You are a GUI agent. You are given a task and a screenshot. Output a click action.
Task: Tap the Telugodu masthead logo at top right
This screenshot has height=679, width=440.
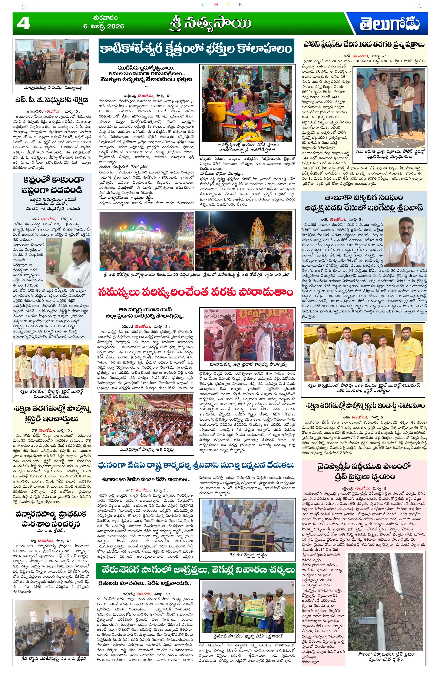(x=389, y=24)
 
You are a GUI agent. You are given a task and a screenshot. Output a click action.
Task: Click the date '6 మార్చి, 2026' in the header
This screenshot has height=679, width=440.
(x=104, y=26)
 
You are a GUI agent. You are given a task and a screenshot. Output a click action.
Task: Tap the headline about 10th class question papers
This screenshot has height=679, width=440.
(x=364, y=44)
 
